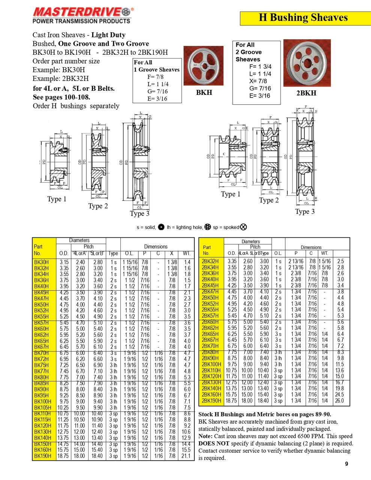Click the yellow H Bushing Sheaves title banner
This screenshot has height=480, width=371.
coord(303,18)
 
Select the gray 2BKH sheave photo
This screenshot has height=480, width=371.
coord(307,63)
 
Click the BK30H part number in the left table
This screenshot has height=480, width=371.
coord(41,262)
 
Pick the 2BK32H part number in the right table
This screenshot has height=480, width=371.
coord(210,261)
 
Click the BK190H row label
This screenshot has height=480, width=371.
coord(42,456)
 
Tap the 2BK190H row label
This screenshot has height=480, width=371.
coord(212,400)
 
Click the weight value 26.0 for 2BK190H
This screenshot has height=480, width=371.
coord(339,400)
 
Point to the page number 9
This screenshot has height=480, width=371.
coord(346,464)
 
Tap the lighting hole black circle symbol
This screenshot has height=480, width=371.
coord(161,227)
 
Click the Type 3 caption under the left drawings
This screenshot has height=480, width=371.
coord(140,214)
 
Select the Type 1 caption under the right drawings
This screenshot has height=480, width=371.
coord(230,194)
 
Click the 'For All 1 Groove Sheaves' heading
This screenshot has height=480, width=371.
coord(156,66)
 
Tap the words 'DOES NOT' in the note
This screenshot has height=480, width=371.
coord(212,443)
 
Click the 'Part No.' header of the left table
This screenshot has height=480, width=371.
coord(38,250)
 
